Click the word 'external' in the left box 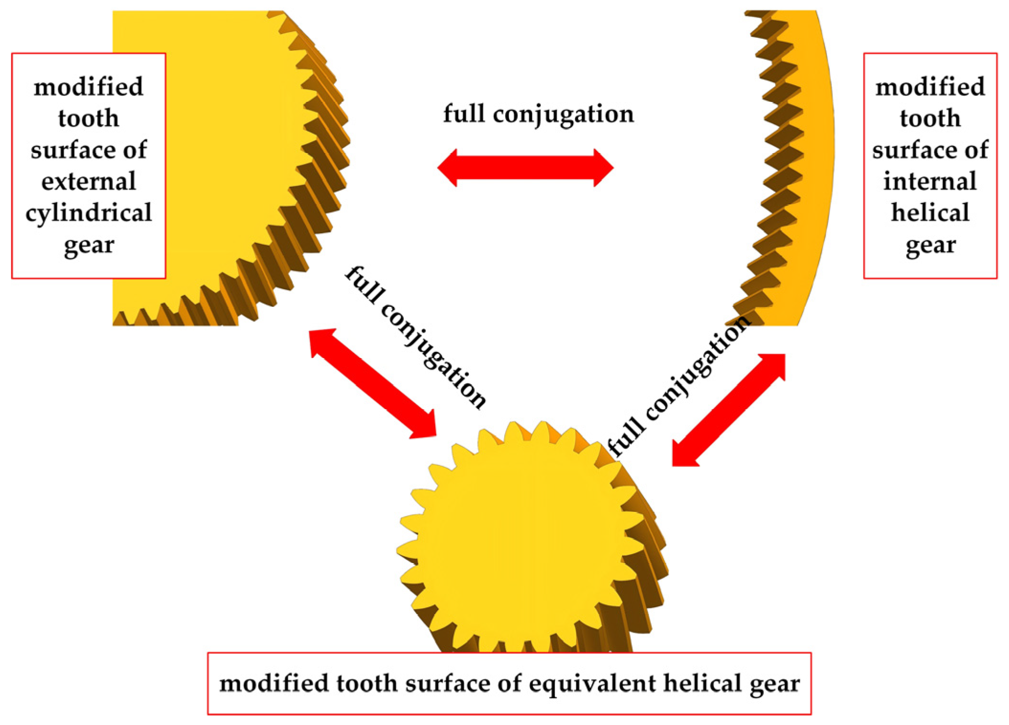(89, 181)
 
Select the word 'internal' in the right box (930, 181)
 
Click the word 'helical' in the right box (930, 212)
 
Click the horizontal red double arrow (525, 168)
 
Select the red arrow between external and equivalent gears (373, 383)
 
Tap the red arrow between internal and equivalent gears (729, 410)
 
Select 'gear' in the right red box (931, 245)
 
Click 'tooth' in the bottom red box (366, 683)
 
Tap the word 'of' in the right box (976, 150)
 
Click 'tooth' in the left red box (89, 118)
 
